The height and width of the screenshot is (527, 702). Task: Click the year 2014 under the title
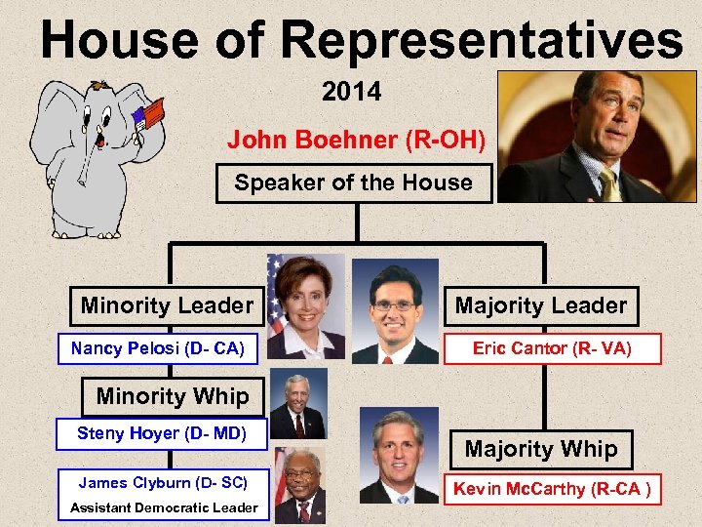point(351,93)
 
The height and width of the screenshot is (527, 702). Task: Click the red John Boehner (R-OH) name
point(356,140)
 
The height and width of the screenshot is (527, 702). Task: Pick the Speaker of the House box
point(354,182)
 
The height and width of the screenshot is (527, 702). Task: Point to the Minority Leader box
point(166,306)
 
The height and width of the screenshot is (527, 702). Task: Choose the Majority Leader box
point(540,306)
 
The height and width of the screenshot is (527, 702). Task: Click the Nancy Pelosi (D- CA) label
point(157,348)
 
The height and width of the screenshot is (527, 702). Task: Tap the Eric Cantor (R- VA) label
point(552,348)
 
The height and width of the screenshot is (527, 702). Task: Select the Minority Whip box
point(173,397)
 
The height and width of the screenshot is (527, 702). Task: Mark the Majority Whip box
point(540,449)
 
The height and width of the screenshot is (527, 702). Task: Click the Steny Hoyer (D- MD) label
point(162,433)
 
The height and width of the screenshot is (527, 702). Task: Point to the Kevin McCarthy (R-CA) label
point(552,489)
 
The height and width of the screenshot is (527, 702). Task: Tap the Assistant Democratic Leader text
point(164,507)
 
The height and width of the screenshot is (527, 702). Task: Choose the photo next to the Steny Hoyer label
point(298,404)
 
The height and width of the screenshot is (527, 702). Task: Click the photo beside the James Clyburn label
point(298,485)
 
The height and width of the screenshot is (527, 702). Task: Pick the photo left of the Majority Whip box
point(399,455)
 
